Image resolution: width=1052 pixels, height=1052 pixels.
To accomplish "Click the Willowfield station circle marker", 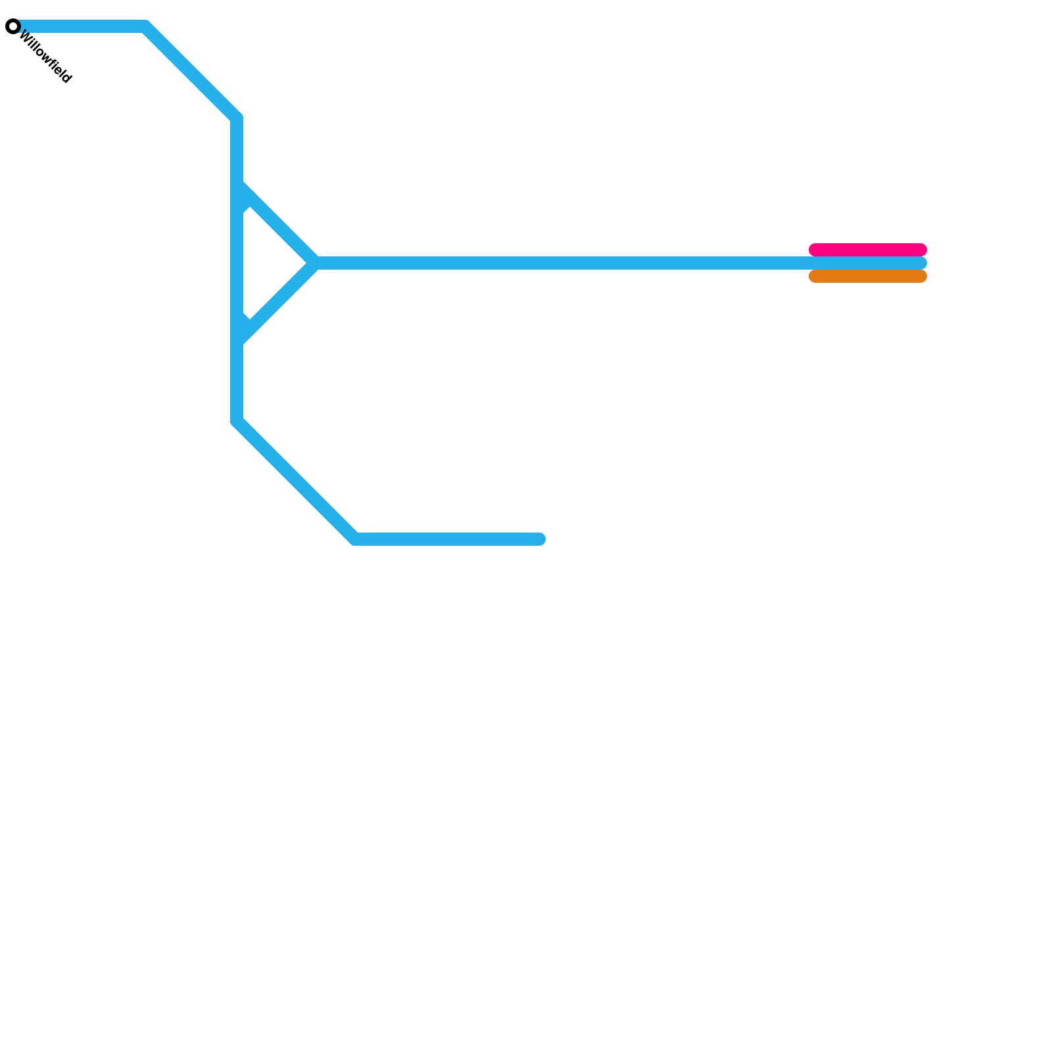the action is [13, 27].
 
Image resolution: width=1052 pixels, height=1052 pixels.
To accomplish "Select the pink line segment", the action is [868, 250].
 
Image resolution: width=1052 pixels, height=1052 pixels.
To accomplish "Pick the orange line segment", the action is [868, 277].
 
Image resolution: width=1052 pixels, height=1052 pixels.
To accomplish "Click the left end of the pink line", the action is [815, 250].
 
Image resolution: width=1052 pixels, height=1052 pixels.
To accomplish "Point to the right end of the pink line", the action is [921, 250].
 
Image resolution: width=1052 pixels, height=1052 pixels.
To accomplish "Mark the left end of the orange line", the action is [815, 277].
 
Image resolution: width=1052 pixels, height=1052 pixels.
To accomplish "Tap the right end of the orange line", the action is [921, 277].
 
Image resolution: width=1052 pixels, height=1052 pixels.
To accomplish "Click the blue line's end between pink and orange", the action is [921, 263].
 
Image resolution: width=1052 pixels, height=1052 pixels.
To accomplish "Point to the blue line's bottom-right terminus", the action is [540, 539].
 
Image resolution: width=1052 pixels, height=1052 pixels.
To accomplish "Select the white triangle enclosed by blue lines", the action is [266, 263].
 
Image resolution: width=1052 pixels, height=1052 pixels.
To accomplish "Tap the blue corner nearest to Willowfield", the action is [145, 27].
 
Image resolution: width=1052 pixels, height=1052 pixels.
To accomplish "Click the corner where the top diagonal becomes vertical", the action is [237, 118].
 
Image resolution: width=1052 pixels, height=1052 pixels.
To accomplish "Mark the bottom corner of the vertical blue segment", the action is [237, 421].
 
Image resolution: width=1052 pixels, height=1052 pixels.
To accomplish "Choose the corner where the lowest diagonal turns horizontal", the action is [355, 539].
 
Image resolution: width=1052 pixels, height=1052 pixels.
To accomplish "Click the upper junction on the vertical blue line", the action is [237, 191].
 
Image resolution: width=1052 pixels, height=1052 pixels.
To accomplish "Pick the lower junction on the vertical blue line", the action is [237, 337].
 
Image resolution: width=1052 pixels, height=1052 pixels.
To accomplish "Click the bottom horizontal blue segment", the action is [447, 539].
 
